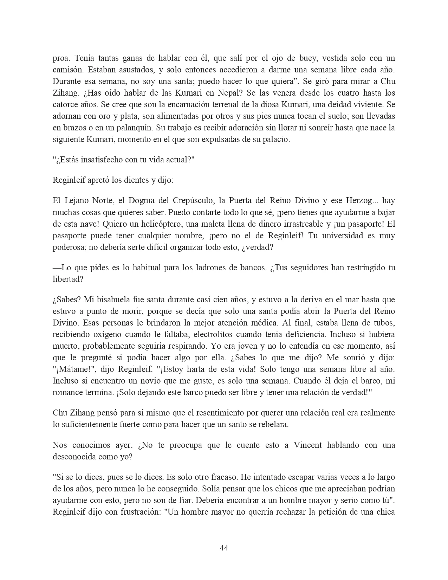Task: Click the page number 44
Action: pos(224,548)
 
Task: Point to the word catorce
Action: pos(65,105)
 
